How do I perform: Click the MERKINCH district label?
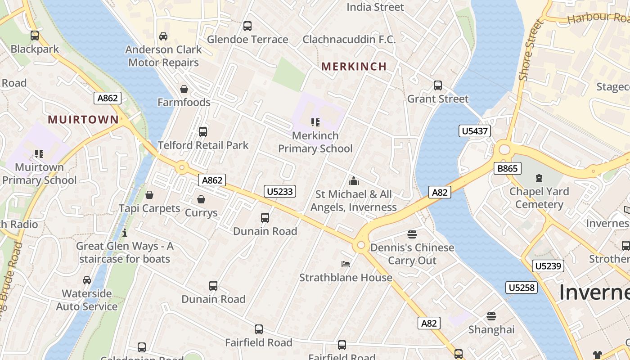click(354, 67)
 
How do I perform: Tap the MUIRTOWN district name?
click(83, 120)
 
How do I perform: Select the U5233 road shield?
click(280, 191)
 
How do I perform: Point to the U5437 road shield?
click(475, 131)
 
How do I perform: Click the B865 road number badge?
click(507, 168)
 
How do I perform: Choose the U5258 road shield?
click(522, 287)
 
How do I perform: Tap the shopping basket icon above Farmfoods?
click(184, 89)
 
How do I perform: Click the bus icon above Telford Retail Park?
click(203, 132)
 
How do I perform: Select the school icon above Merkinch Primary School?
click(315, 122)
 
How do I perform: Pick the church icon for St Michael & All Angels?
click(354, 181)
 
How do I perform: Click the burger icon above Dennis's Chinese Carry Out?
click(412, 234)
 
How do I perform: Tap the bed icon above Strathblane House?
click(346, 264)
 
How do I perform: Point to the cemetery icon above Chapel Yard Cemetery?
click(539, 178)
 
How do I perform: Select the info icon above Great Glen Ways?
click(125, 233)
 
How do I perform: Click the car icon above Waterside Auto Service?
click(86, 280)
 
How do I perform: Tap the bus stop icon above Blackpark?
click(35, 36)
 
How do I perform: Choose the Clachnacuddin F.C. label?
click(349, 40)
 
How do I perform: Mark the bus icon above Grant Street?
click(437, 85)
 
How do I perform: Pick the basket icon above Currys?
click(201, 199)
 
